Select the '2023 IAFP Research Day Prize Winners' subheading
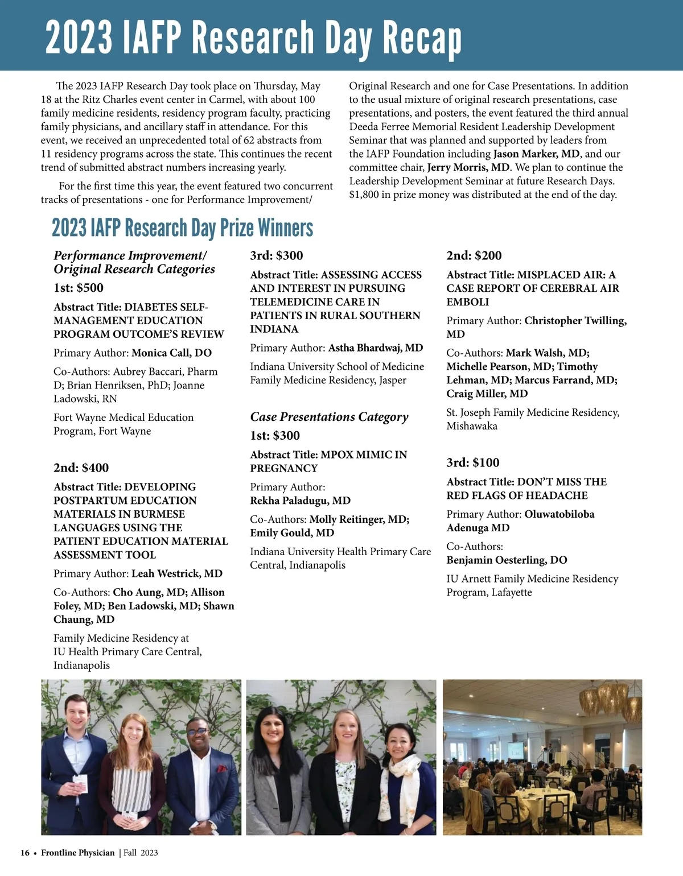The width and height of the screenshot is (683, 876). pos(182,228)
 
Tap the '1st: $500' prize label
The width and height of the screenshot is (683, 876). pos(79,288)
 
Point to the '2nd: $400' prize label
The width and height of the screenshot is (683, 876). pos(81,468)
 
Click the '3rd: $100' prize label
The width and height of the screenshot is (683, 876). pos(472,462)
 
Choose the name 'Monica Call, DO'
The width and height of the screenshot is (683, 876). pos(171,353)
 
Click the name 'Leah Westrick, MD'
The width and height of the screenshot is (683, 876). pos(177,573)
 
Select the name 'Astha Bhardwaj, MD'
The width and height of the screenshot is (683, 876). pos(376,348)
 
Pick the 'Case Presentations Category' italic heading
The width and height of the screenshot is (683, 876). pos(329,417)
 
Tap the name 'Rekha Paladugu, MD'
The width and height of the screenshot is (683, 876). pos(300,501)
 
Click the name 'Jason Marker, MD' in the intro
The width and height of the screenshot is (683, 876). pos(536,154)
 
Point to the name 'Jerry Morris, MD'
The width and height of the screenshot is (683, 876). pos(468,167)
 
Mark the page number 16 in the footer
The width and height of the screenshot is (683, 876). pos(25,853)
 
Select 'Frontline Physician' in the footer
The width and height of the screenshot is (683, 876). pos(77,853)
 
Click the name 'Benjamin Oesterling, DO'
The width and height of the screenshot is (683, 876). pos(507,560)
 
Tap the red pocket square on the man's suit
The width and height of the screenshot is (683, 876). pos(222,768)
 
